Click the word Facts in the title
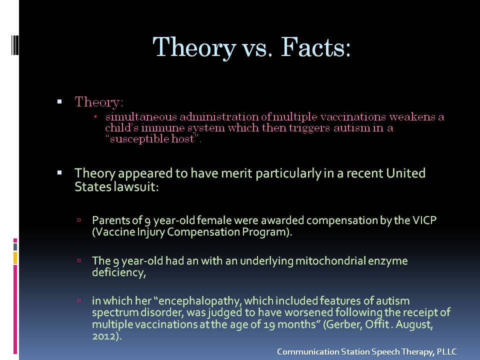pos(315,47)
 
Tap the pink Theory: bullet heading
pos(99,101)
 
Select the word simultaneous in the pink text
pos(141,116)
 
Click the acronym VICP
pos(424,220)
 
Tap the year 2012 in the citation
pos(105,336)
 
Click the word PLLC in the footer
pos(446,351)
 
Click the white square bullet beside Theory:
pos(59,101)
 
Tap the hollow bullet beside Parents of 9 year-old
pos(79,220)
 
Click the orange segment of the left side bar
pos(15,258)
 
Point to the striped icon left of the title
pos(15,45)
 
